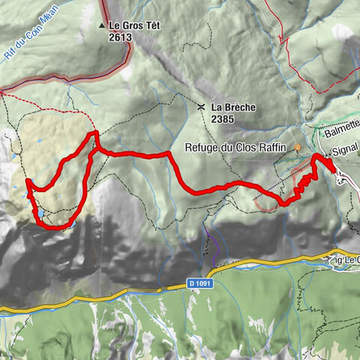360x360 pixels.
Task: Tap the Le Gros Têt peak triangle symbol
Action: (103, 25)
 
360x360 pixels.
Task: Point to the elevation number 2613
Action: (121, 36)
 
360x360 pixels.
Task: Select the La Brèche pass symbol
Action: (202, 107)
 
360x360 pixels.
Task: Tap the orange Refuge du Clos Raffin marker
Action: (298, 148)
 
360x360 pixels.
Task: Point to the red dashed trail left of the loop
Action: (30, 97)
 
